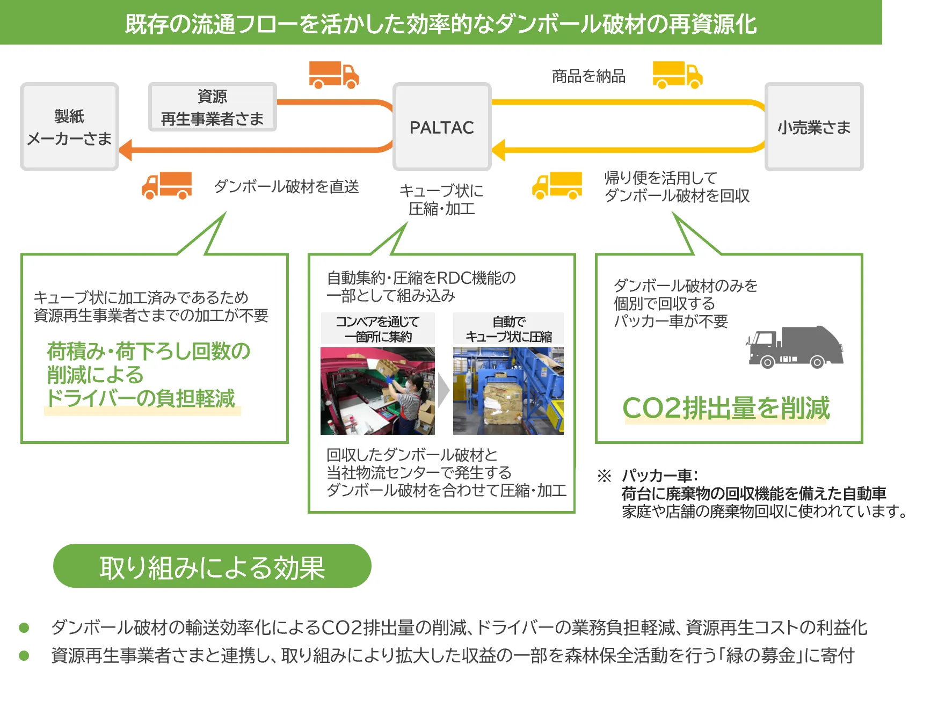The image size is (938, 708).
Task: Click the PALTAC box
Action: point(442,127)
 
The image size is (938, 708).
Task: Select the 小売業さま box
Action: point(814,127)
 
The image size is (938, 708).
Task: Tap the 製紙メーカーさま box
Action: point(69,127)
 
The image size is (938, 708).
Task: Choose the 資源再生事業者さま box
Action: point(212,107)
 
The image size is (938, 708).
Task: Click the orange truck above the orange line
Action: point(333,75)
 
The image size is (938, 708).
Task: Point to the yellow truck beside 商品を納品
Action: point(678,75)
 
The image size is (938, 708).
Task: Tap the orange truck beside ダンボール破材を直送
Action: point(167,186)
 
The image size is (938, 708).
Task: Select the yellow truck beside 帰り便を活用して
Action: point(557,186)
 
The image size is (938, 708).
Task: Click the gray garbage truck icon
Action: point(795,347)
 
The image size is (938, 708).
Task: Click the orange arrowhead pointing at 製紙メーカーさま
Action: point(126,150)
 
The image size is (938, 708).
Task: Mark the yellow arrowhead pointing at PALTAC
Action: point(498,150)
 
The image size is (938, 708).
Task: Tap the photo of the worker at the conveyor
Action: point(377,391)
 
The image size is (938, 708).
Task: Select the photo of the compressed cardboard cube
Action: point(508,391)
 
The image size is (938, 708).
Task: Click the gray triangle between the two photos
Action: point(443,391)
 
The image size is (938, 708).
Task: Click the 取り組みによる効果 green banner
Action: point(213,567)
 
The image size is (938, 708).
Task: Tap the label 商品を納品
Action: point(588,76)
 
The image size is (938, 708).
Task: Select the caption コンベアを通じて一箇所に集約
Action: point(377,329)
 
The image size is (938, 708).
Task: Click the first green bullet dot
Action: point(24,627)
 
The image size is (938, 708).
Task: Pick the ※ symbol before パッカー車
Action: point(604,476)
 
